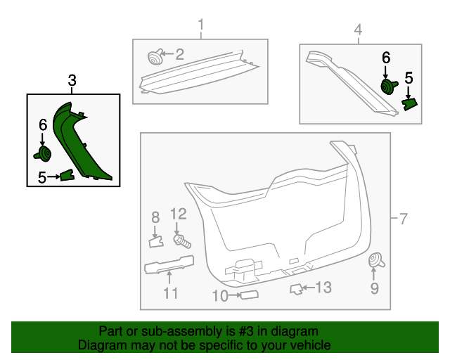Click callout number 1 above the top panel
pos(200,27)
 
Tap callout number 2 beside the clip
pos(179,53)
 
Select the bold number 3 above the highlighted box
pos(72,82)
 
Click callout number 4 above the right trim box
pos(358,30)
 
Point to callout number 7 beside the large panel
pos(404,219)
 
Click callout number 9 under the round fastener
pos(374,288)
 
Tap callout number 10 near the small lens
pos(220,296)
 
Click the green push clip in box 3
pos(44,154)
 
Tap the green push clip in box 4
pos(387,86)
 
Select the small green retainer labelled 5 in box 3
pos(67,175)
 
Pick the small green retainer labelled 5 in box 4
pos(409,103)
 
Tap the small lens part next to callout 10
pos(249,295)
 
